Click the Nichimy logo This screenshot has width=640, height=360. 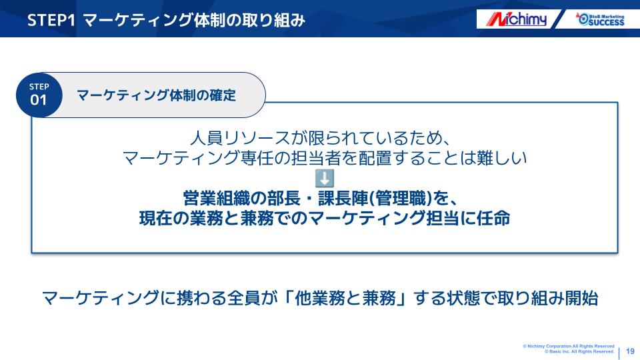point(516,19)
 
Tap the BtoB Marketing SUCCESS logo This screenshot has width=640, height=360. point(600,19)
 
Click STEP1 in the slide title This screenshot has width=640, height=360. point(51,20)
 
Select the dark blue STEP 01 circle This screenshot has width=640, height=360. point(39,95)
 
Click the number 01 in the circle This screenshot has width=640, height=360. point(39,100)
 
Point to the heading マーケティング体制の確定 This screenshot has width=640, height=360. point(156,95)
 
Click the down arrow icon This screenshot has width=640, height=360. point(325,179)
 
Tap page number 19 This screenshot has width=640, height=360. point(630,351)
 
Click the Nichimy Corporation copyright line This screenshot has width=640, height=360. point(568,346)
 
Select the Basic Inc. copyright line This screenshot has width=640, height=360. point(579,351)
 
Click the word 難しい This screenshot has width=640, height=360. point(501,157)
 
